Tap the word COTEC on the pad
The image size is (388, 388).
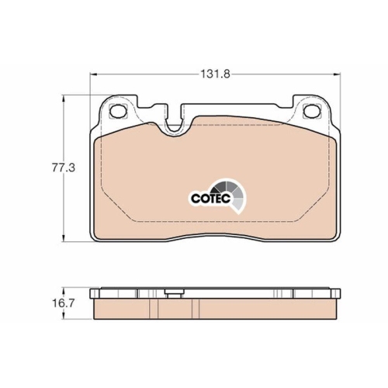pos(207,198)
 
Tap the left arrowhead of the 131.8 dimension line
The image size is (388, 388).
pos(95,74)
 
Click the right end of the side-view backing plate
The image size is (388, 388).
pos(340,294)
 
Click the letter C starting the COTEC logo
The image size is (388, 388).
pos(195,198)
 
